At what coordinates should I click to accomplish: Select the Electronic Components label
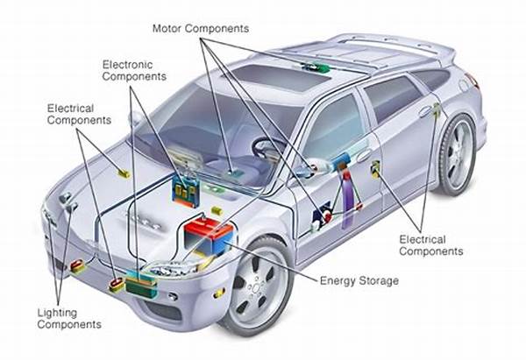pos(133,69)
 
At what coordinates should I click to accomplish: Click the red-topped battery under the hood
pos(208,232)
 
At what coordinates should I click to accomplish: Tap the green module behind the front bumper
pos(139,282)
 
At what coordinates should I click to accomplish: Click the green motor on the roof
pos(311,67)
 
